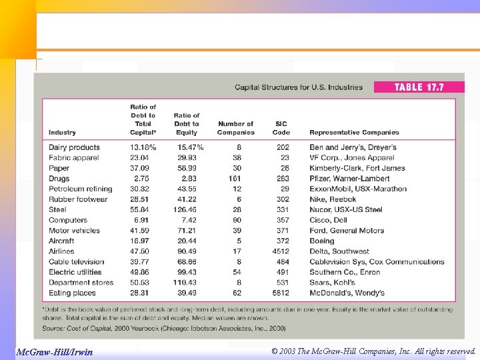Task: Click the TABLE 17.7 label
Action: click(419, 87)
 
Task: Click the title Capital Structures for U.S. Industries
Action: click(299, 87)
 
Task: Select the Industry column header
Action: click(62, 133)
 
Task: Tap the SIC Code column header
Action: click(281, 128)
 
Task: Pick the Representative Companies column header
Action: click(354, 133)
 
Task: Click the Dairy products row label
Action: click(74, 147)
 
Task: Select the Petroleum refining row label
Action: click(80, 189)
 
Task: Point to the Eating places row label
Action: click(72, 293)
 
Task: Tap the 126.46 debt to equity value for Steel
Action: click(187, 209)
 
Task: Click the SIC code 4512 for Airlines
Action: click(281, 251)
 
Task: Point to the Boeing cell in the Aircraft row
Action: click(323, 241)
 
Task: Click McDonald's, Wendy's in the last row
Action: click(347, 293)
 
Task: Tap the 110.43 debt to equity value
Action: click(187, 283)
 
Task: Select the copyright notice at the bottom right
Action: click(374, 351)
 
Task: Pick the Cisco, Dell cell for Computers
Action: click(328, 220)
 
